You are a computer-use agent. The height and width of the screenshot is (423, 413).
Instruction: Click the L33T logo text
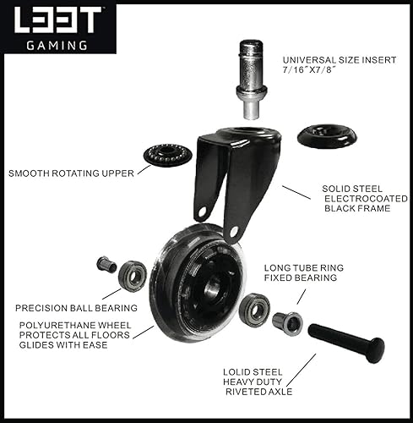(x=57, y=19)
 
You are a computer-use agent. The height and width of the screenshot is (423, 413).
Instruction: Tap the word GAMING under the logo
(x=57, y=45)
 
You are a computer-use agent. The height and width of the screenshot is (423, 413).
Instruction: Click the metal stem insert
(x=251, y=80)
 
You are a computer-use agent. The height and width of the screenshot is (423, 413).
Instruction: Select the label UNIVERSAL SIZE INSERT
(x=340, y=60)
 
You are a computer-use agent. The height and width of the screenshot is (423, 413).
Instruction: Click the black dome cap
(x=327, y=137)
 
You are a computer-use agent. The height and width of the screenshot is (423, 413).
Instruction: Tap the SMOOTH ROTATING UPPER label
(x=71, y=173)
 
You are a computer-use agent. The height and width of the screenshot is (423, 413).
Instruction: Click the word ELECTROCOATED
(x=366, y=199)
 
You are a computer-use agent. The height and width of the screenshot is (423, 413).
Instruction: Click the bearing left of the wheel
(x=133, y=276)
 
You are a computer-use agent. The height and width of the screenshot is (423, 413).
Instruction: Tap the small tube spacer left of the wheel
(x=106, y=265)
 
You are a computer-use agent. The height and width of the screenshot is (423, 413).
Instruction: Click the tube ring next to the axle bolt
(x=287, y=323)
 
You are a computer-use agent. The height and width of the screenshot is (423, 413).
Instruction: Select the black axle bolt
(x=347, y=343)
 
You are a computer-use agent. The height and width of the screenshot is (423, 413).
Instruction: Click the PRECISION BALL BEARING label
(x=76, y=308)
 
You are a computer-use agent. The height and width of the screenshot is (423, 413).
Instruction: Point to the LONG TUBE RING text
(x=304, y=267)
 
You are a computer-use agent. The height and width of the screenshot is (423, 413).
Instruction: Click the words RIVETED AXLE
(x=259, y=392)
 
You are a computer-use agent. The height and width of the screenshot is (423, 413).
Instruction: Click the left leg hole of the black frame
(x=202, y=211)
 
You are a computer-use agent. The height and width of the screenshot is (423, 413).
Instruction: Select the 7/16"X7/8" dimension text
(x=310, y=69)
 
